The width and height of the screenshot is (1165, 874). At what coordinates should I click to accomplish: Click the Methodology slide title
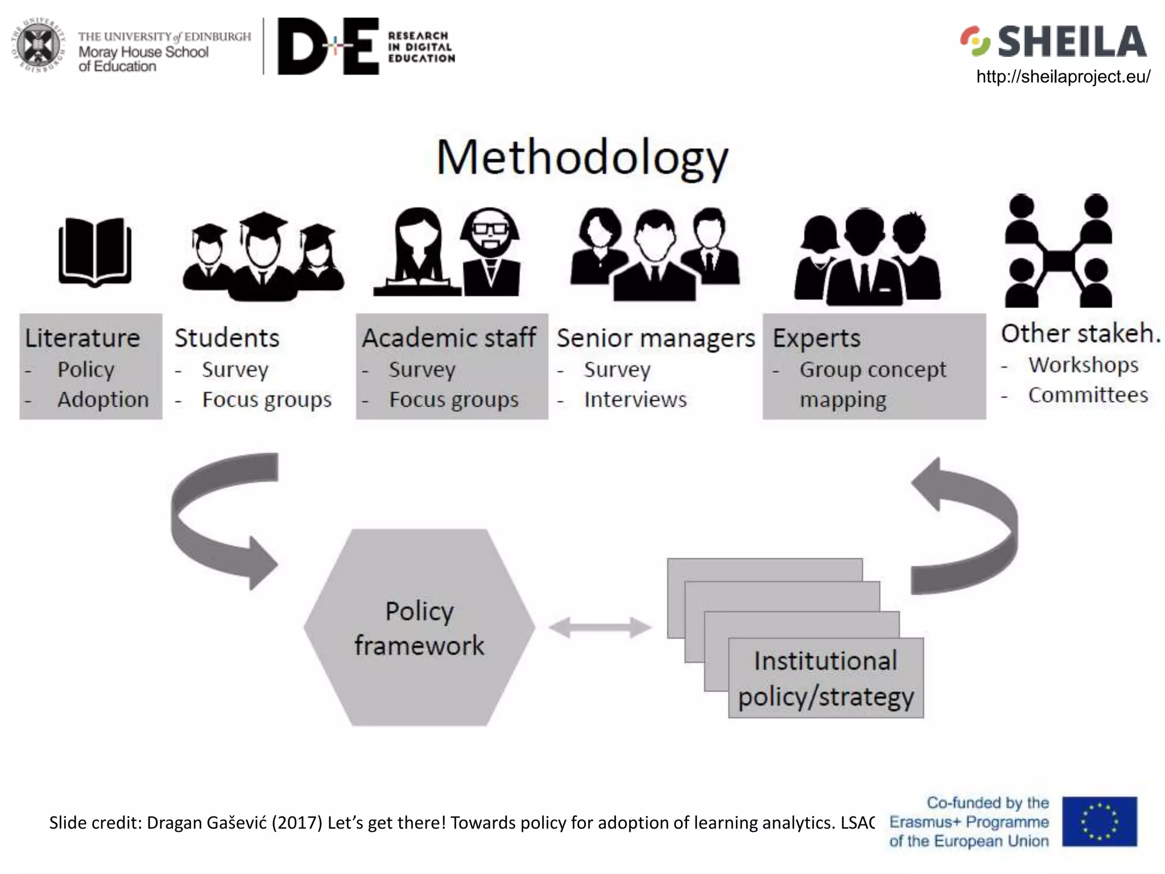(582, 158)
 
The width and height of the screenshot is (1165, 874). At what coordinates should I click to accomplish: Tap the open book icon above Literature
(95, 251)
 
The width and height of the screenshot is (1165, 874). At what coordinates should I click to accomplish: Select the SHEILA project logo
(1054, 42)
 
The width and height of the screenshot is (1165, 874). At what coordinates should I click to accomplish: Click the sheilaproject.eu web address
(1063, 77)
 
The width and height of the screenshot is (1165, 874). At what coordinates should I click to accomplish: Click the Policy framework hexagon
(419, 628)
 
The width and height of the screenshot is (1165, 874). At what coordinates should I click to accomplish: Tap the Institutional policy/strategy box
(825, 678)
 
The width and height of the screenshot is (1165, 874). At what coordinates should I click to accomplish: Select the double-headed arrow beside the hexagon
(600, 628)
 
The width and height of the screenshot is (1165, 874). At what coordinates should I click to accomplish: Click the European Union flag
(1099, 822)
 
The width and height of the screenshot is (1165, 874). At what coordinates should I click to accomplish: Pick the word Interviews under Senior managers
(635, 399)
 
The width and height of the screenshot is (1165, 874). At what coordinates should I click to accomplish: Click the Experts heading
(816, 338)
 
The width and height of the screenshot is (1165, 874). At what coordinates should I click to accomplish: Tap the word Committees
(1088, 395)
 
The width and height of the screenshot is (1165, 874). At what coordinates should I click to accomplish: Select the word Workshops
(1083, 365)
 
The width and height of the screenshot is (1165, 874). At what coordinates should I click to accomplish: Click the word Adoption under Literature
(103, 399)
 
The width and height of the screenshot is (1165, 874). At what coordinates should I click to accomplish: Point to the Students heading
(227, 338)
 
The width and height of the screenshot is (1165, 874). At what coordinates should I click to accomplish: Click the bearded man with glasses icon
(491, 252)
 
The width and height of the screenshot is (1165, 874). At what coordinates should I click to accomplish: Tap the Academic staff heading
(449, 338)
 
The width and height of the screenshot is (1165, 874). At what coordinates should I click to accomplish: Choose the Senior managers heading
(655, 338)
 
